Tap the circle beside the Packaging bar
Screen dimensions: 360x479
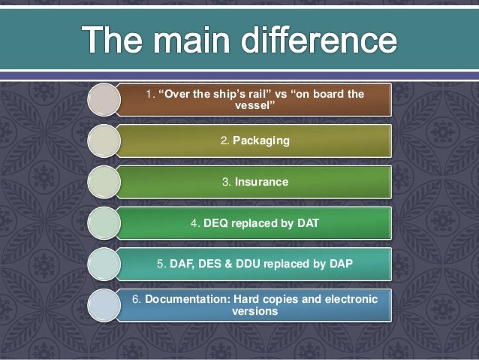point(104,141)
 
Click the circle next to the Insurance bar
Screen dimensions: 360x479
point(104,182)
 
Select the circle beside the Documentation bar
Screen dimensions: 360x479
point(104,304)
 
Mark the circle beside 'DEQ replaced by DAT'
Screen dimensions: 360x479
point(104,223)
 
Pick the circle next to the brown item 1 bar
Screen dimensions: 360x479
point(104,100)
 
